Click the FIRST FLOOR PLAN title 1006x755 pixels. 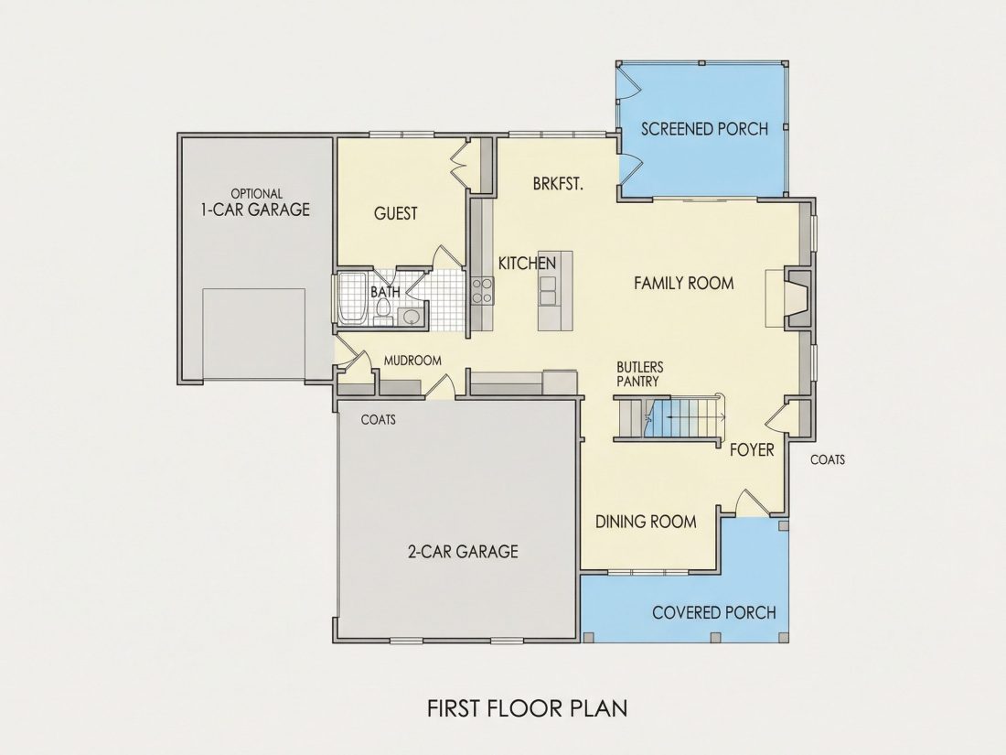528,708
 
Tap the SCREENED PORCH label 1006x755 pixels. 704,129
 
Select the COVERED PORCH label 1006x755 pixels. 714,612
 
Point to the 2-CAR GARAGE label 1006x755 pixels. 464,551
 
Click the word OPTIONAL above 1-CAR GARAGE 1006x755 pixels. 257,193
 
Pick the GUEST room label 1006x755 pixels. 396,213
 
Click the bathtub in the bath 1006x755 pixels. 352,299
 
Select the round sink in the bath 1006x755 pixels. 410,316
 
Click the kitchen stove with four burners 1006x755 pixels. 482,290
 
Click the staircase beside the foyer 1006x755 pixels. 671,419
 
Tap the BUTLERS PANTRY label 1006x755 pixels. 640,374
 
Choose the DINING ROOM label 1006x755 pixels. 646,522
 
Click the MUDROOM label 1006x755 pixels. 412,361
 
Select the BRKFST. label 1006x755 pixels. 558,184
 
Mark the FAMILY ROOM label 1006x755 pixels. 684,283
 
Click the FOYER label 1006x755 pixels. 752,450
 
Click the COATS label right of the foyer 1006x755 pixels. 828,459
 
